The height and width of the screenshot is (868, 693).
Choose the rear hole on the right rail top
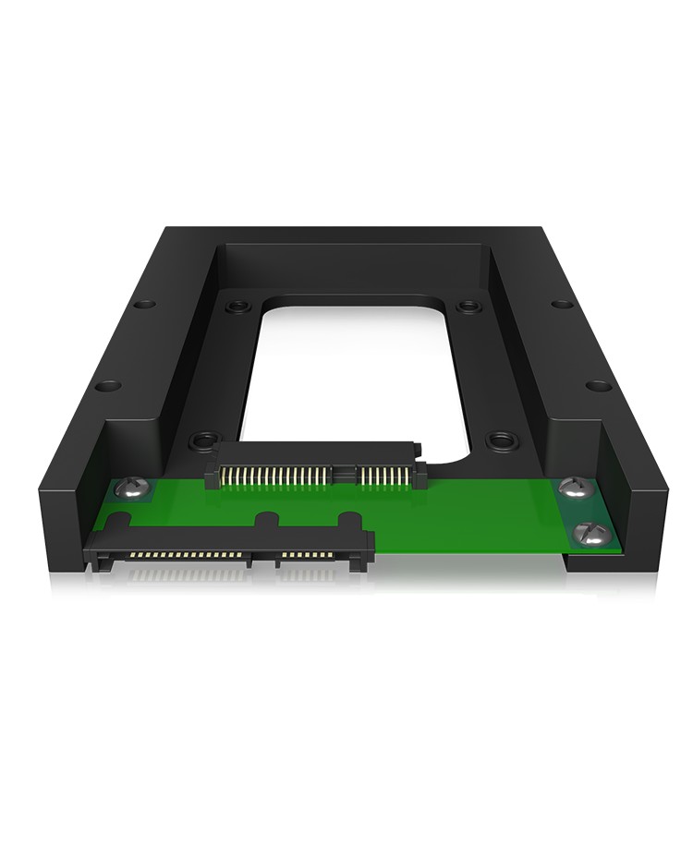[560, 304]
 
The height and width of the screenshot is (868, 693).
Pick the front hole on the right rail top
[599, 384]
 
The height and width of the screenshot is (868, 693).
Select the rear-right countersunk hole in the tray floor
[469, 305]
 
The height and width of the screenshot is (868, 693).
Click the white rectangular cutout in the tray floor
[356, 369]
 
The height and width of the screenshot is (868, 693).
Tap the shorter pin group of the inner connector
[379, 475]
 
